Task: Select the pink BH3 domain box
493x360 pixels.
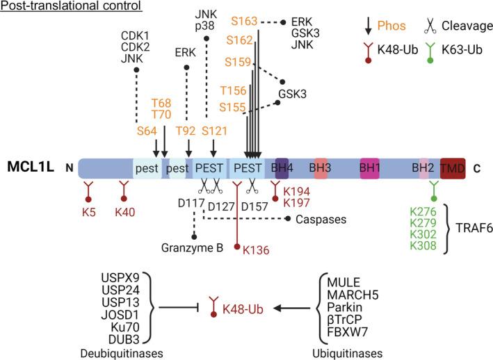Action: coord(320,167)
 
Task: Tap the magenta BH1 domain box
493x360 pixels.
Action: coord(369,167)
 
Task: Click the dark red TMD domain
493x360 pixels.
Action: coord(453,167)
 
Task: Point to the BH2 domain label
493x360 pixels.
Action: coord(423,167)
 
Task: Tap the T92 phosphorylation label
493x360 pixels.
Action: coord(186,129)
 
